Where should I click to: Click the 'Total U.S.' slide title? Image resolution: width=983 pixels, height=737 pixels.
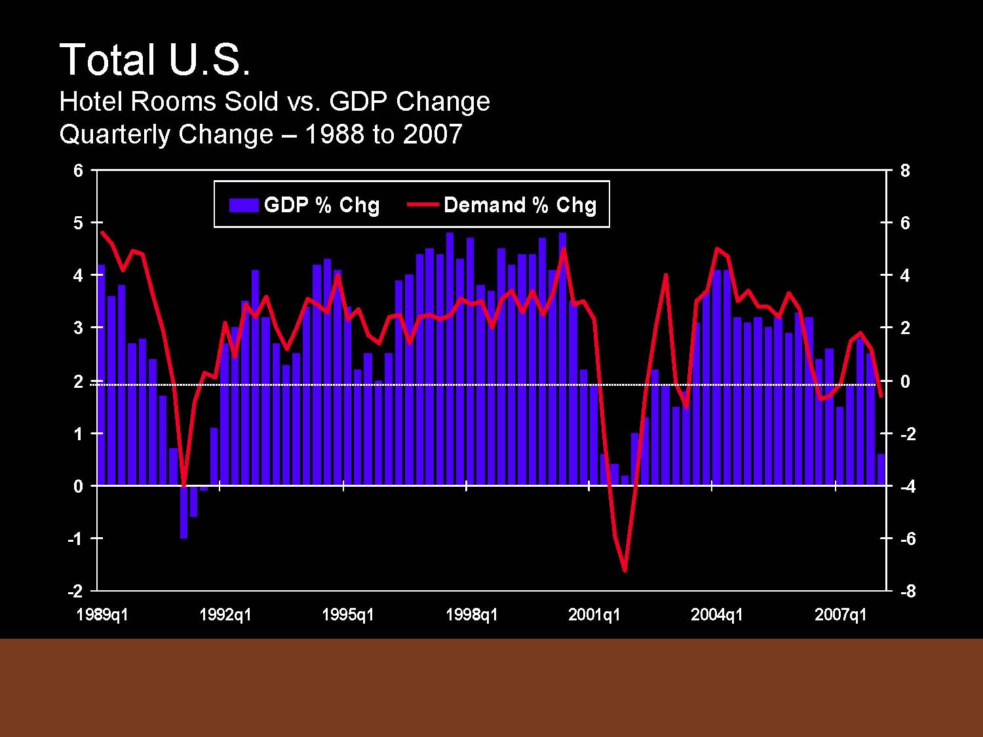pos(155,60)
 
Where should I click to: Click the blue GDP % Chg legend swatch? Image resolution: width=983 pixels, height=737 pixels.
pos(243,205)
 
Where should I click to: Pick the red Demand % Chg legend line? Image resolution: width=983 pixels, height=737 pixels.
pos(423,204)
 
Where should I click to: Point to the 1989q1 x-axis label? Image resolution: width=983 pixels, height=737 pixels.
pos(102,614)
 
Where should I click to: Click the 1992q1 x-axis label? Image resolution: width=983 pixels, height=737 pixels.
pos(225,614)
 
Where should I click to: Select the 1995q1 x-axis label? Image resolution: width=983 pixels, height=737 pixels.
pos(348,614)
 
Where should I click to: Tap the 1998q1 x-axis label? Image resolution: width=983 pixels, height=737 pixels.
pos(471,614)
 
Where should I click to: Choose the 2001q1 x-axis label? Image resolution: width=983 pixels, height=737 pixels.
pos(594,614)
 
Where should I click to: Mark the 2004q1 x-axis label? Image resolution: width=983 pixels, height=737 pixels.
pos(717,614)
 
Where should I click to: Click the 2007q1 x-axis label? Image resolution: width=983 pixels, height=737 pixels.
pos(840,614)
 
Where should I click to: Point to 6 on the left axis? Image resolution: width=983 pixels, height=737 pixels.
pos(79,170)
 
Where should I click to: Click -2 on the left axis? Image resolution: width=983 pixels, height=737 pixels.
pos(75,591)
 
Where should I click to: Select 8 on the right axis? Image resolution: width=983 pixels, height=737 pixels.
pos(905,170)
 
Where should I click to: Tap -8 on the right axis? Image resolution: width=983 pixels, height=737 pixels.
pos(908,591)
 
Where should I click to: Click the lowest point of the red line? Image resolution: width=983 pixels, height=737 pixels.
pos(625,570)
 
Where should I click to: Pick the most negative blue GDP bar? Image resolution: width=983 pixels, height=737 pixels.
pos(184,512)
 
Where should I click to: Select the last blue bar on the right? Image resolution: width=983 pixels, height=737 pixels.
pos(881,469)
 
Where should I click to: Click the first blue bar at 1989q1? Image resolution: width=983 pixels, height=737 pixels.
pos(101,375)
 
